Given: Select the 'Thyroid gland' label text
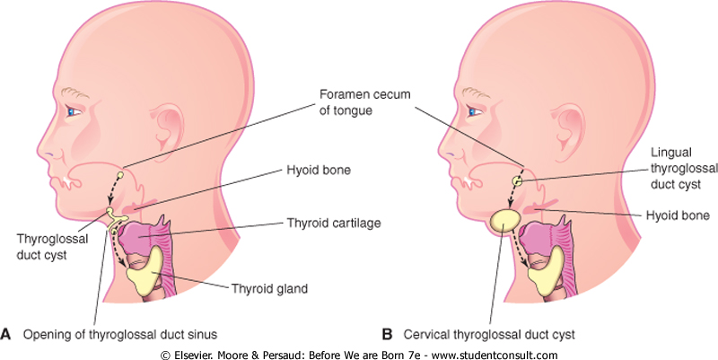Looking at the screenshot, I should [x=270, y=289].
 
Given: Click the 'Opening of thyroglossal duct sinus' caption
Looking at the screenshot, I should [x=122, y=335].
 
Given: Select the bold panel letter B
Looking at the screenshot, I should [x=387, y=335].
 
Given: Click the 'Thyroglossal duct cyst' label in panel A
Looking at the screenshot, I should [x=44, y=247].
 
